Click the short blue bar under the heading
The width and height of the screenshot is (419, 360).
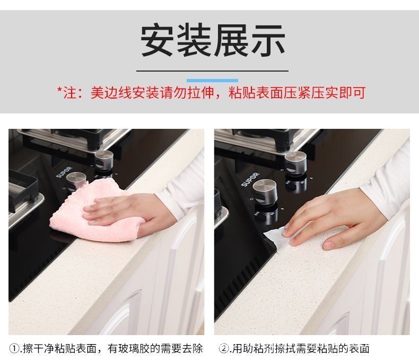point(212,80)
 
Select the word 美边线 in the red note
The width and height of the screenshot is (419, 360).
point(107,93)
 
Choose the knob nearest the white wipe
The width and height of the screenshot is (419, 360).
point(264,191)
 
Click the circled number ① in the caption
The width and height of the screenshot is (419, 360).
point(15,348)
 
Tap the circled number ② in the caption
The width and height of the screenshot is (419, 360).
point(225,348)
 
